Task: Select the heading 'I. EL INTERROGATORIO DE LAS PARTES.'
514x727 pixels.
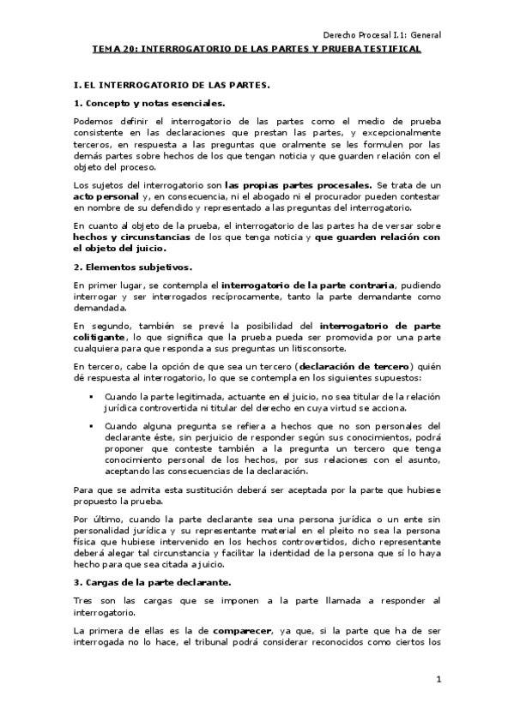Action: click(172, 87)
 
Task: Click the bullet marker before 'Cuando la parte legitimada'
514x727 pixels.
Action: click(91, 398)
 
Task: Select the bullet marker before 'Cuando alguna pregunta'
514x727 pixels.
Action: click(91, 425)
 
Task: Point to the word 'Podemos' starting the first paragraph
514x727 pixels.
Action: click(94, 121)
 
